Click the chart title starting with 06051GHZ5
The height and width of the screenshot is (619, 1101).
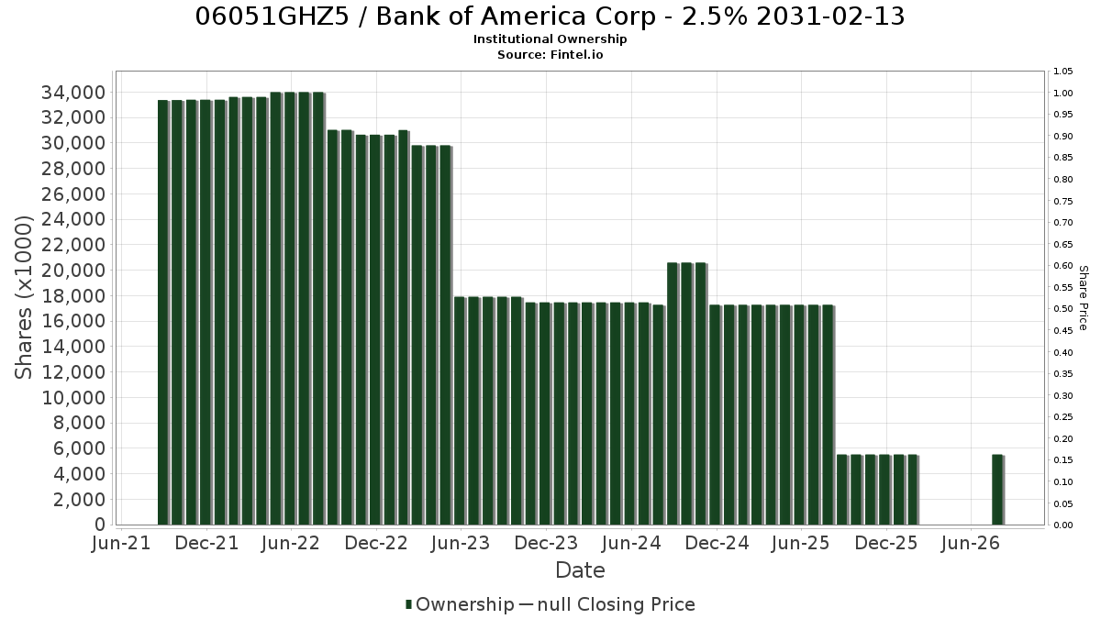[550, 17]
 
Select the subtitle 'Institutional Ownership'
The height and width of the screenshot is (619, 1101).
[550, 39]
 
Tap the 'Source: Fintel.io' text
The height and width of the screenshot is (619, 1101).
[550, 54]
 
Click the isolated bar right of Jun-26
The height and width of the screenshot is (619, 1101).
[998, 490]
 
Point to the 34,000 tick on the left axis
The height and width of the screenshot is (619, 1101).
[73, 93]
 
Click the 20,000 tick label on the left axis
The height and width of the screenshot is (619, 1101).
[73, 271]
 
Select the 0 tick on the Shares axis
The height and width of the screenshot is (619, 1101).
[100, 525]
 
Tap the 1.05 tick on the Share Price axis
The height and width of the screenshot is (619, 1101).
[1062, 72]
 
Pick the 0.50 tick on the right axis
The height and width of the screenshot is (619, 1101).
[1062, 309]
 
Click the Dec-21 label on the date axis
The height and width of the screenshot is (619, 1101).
[206, 543]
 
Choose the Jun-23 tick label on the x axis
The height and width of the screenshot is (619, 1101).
[461, 543]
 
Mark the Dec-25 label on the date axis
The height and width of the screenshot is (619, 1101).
[885, 543]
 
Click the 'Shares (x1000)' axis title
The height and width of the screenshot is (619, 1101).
[23, 298]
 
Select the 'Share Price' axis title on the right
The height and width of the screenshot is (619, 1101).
[1083, 298]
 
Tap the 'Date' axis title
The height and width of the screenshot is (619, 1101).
[580, 570]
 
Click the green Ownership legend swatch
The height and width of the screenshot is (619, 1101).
[408, 604]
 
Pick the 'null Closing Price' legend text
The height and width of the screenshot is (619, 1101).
[617, 604]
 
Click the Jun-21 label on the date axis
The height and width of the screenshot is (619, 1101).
[121, 543]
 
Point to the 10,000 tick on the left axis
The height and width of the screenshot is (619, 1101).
[73, 397]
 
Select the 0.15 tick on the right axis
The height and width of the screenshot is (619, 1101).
[1062, 460]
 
